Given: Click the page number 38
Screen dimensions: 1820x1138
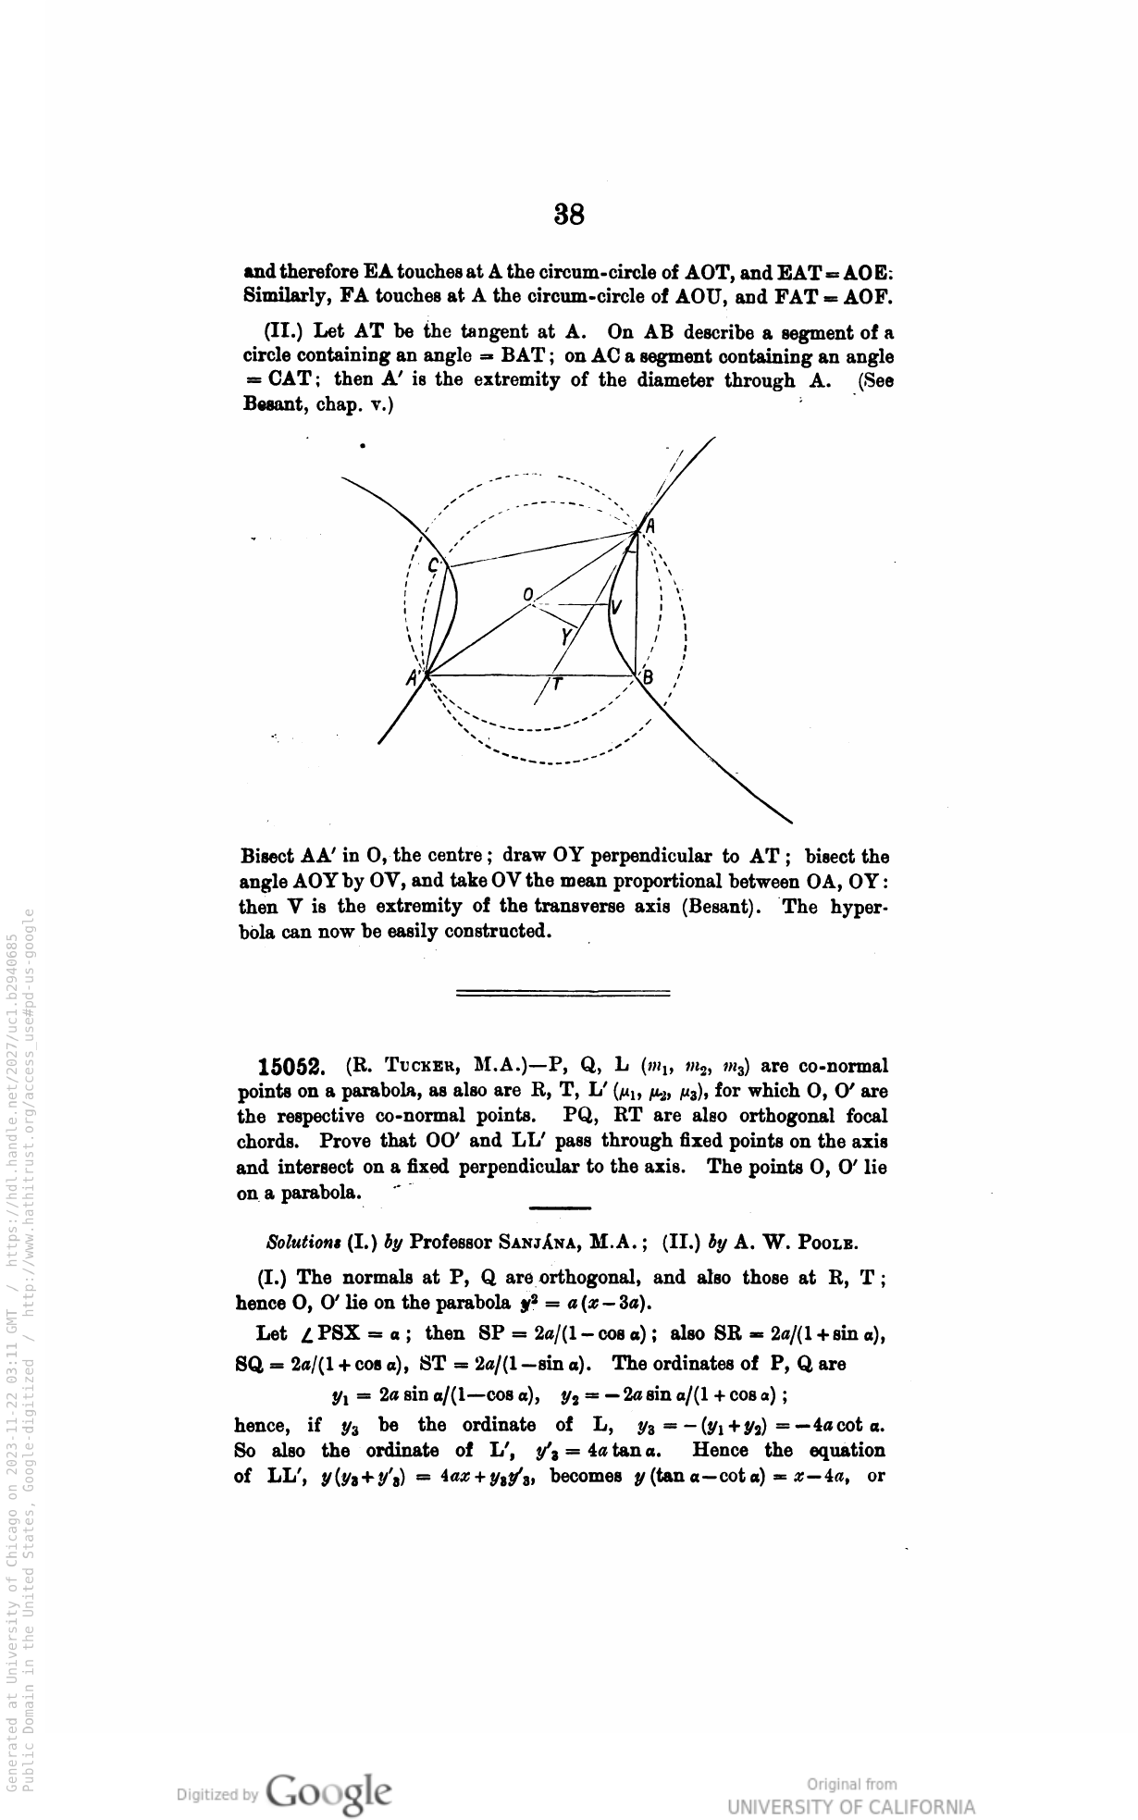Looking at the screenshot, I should click(569, 215).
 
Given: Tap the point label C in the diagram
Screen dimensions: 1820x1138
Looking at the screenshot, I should click(432, 565).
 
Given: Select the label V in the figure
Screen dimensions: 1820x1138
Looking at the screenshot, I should click(616, 608).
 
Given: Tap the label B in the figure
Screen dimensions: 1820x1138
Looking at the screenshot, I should click(648, 677).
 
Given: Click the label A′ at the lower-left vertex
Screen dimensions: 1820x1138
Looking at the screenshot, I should click(413, 678).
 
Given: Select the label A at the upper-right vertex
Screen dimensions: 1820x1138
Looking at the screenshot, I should click(649, 525).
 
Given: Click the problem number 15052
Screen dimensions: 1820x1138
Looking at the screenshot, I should click(291, 1067).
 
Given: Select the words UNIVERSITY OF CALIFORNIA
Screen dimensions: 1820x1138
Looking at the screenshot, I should click(850, 1807).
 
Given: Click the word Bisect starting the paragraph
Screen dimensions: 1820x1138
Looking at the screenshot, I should click(269, 857).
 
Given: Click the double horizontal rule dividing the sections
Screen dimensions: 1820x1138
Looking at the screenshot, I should click(563, 993).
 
